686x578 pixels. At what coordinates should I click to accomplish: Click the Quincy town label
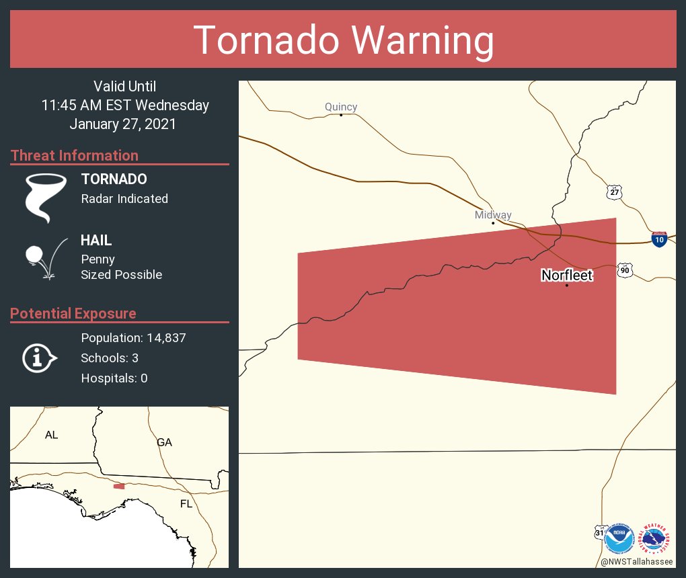341,107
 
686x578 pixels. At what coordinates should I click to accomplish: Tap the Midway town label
493,215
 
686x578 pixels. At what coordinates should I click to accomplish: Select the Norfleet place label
567,275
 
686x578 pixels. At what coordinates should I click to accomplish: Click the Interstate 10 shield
659,239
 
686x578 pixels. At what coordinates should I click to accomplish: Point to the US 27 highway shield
614,192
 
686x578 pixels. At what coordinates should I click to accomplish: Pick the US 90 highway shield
625,270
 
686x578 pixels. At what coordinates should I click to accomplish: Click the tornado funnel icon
45,198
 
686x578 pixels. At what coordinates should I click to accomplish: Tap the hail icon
44,259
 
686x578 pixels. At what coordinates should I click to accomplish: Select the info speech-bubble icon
39,358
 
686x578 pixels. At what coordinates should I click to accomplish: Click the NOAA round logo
619,539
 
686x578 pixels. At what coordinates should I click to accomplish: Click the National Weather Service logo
656,539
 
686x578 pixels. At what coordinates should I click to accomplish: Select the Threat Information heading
75,156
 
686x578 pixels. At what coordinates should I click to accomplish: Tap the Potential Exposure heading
73,314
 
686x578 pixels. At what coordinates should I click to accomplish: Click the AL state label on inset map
52,435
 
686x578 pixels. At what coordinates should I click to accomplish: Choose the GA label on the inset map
164,442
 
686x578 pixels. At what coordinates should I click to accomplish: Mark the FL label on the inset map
186,503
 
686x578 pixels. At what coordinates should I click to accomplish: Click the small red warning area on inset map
119,486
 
